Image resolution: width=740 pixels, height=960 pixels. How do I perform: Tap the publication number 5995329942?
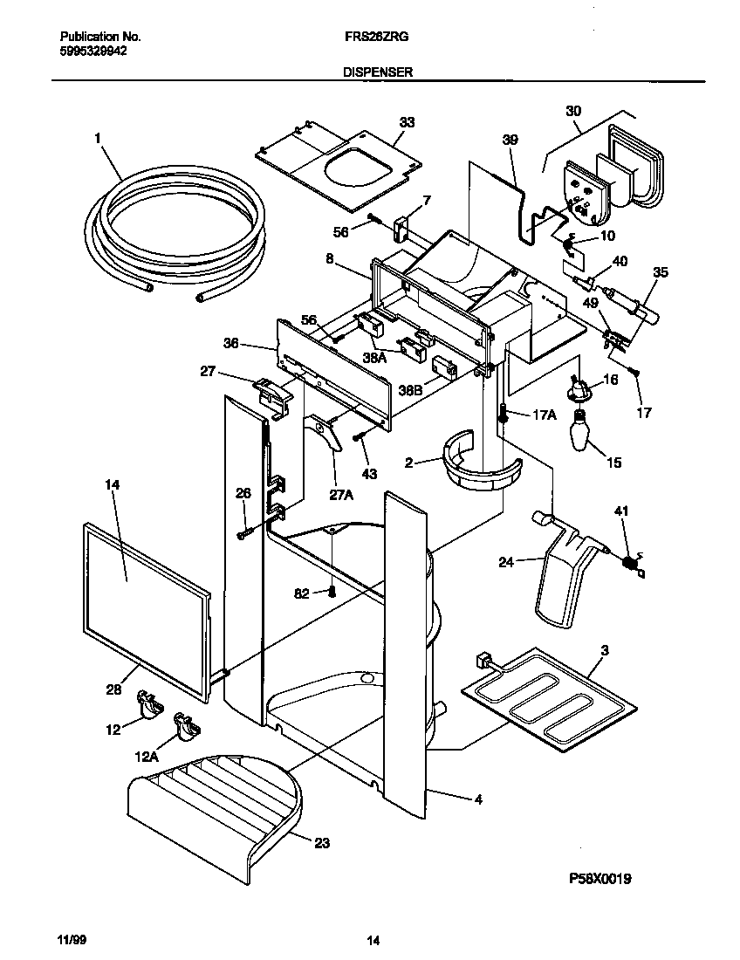[x=92, y=51]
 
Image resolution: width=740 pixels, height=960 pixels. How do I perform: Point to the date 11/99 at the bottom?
[x=72, y=940]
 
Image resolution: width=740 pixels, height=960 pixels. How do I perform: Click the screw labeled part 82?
[x=332, y=592]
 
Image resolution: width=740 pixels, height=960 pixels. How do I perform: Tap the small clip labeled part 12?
[x=149, y=703]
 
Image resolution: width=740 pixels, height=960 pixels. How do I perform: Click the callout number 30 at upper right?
[x=573, y=111]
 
